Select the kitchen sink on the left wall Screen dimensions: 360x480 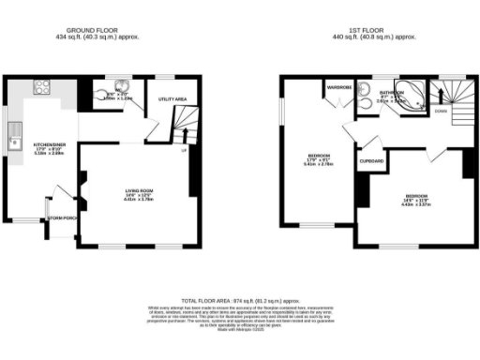16,142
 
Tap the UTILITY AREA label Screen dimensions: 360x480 173,98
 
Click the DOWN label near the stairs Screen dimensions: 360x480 441,110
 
